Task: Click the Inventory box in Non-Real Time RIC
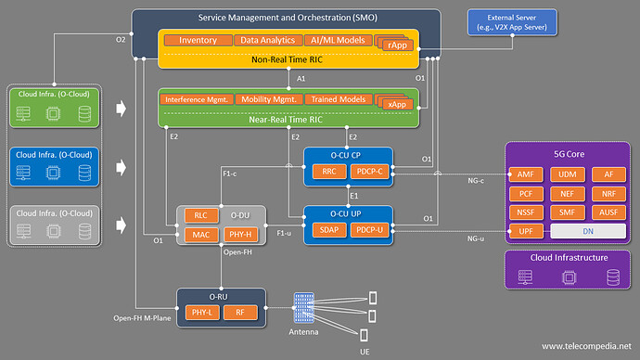click(198, 41)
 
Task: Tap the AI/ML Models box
click(337, 41)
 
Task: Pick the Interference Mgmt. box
click(196, 99)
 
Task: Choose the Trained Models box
click(337, 99)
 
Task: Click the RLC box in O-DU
click(200, 215)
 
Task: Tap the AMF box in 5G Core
click(524, 174)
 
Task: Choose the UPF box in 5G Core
click(524, 229)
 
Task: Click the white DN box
click(588, 229)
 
